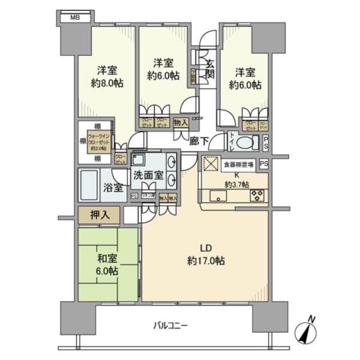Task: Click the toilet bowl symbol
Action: click(x=246, y=143)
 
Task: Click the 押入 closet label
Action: click(x=100, y=214)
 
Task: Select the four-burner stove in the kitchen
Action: click(x=258, y=195)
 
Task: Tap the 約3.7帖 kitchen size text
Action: click(x=238, y=184)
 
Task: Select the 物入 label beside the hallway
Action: click(x=180, y=122)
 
